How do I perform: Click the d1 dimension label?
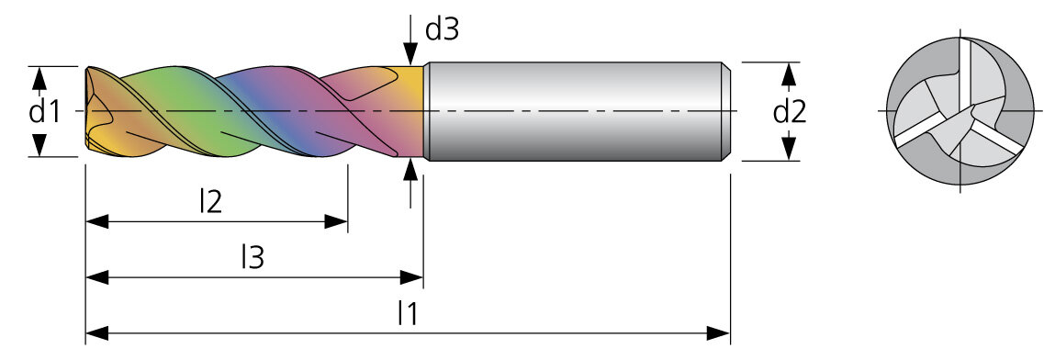coord(44,112)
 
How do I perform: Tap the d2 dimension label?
coord(790,112)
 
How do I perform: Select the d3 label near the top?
coord(442,29)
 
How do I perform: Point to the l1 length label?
coord(408,313)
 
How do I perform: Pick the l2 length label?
coord(210,202)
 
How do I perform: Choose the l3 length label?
coord(253,258)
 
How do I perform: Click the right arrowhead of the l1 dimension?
coord(718,332)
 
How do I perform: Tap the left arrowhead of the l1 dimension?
coord(97,332)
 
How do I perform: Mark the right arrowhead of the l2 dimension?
coord(336,221)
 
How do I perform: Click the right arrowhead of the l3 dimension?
coord(411,276)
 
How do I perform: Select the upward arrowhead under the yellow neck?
coord(410,170)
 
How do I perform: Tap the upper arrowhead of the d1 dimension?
coord(39,78)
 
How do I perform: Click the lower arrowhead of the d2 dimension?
coord(790,149)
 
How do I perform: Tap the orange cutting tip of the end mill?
coord(101,111)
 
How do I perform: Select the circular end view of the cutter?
coord(960,111)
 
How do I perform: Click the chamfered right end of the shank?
coord(727,112)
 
